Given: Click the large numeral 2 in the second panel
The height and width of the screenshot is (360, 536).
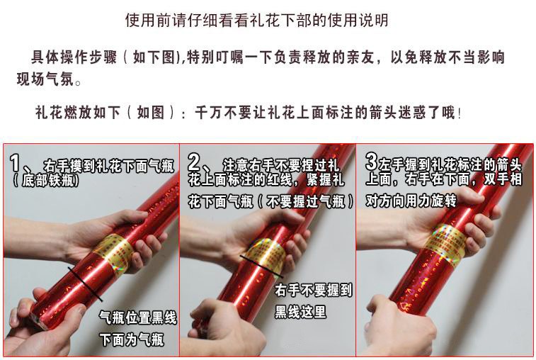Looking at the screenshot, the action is (194, 162).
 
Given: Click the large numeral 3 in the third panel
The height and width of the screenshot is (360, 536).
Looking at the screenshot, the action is (371, 161).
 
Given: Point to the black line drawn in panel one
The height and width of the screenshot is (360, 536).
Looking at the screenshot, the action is (85, 284).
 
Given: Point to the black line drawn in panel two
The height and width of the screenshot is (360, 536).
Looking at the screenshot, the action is (261, 266).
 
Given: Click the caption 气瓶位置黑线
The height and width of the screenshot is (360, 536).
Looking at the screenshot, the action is (138, 317).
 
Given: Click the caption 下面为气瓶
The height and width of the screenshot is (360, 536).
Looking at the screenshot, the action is (132, 340).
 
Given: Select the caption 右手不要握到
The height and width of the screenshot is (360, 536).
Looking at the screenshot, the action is (313, 290).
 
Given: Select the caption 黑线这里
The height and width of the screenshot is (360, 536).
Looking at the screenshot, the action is (300, 311).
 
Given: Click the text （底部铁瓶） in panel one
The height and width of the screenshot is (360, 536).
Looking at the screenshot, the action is (46, 180).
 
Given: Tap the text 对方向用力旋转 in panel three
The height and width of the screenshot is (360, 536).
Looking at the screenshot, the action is (411, 201).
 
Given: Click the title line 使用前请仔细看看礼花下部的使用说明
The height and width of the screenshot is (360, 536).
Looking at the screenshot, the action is (257, 20).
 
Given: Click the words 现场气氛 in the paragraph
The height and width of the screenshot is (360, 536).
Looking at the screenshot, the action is (45, 79).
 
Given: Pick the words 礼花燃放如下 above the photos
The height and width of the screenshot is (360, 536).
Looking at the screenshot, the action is (78, 113).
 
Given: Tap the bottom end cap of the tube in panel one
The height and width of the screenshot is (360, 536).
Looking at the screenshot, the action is (38, 320).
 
